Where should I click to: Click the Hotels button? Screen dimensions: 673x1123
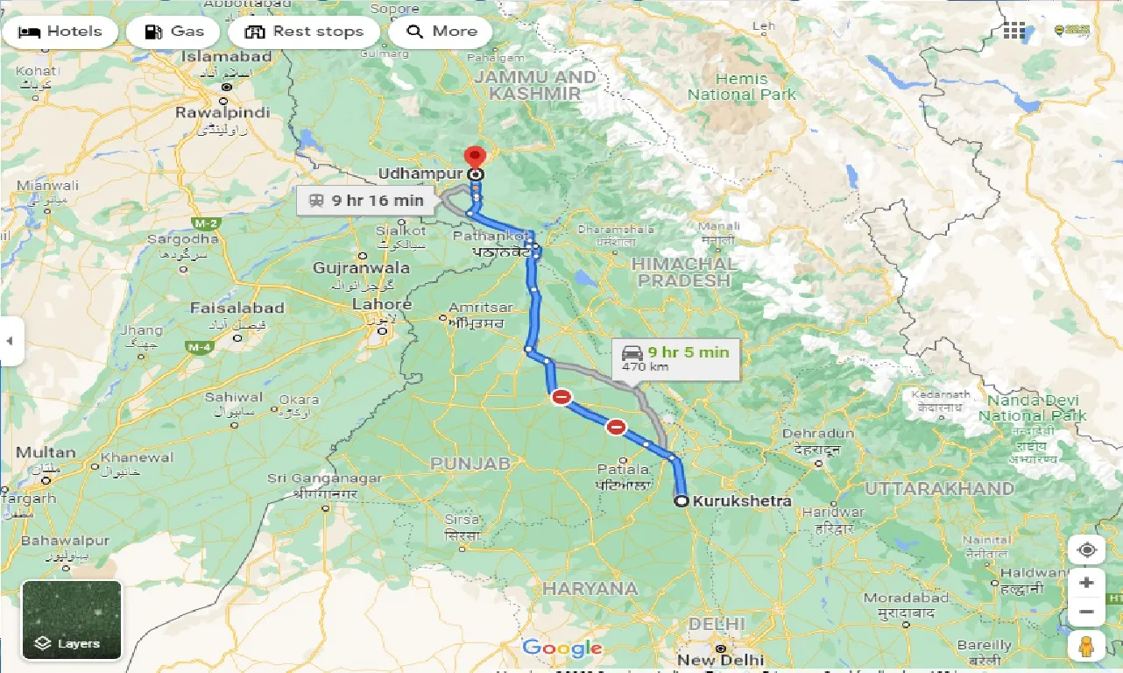click(x=59, y=32)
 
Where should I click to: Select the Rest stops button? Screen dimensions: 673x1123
click(x=303, y=32)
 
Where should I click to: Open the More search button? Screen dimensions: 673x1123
click(x=441, y=32)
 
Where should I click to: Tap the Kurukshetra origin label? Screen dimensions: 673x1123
click(x=741, y=501)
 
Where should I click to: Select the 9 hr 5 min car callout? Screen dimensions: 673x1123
click(x=675, y=358)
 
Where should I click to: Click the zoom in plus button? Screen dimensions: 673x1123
click(x=1086, y=583)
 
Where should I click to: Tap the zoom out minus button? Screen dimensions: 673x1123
click(x=1086, y=612)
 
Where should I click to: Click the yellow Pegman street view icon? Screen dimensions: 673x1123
click(x=1086, y=647)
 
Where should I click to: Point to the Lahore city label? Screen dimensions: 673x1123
click(x=381, y=305)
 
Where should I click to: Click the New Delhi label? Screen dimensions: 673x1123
click(x=720, y=659)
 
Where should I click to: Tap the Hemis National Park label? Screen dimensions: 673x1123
click(x=741, y=86)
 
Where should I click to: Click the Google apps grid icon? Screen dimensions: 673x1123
click(x=1014, y=32)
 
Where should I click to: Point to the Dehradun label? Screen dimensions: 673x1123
click(x=817, y=434)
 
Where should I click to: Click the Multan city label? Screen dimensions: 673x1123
click(x=46, y=453)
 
